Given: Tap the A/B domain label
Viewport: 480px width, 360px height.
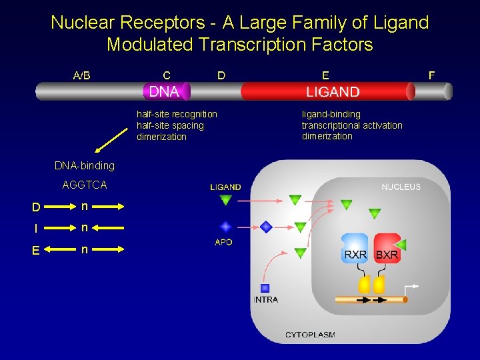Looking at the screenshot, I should tap(81, 75).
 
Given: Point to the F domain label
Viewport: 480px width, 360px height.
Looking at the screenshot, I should tap(431, 75).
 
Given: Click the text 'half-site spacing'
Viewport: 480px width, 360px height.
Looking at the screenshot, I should tap(170, 125).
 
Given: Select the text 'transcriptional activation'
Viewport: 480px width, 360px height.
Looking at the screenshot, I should tap(352, 125).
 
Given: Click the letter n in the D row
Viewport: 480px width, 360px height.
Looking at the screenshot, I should tap(85, 206).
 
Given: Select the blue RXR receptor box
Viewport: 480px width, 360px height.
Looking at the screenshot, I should tap(355, 249).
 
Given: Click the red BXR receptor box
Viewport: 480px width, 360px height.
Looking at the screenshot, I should tap(387, 249).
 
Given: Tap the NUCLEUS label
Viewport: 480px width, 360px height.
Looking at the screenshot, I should tap(401, 187).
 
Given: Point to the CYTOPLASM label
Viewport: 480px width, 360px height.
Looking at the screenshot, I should tap(310, 335).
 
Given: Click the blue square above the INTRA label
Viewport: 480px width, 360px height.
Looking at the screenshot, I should tap(265, 288).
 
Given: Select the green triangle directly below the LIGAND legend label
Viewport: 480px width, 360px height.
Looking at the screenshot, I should tap(225, 200).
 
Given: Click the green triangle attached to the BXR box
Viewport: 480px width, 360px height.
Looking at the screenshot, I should tap(401, 243).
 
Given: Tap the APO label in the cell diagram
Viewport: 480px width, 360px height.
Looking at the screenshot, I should tap(224, 242).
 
